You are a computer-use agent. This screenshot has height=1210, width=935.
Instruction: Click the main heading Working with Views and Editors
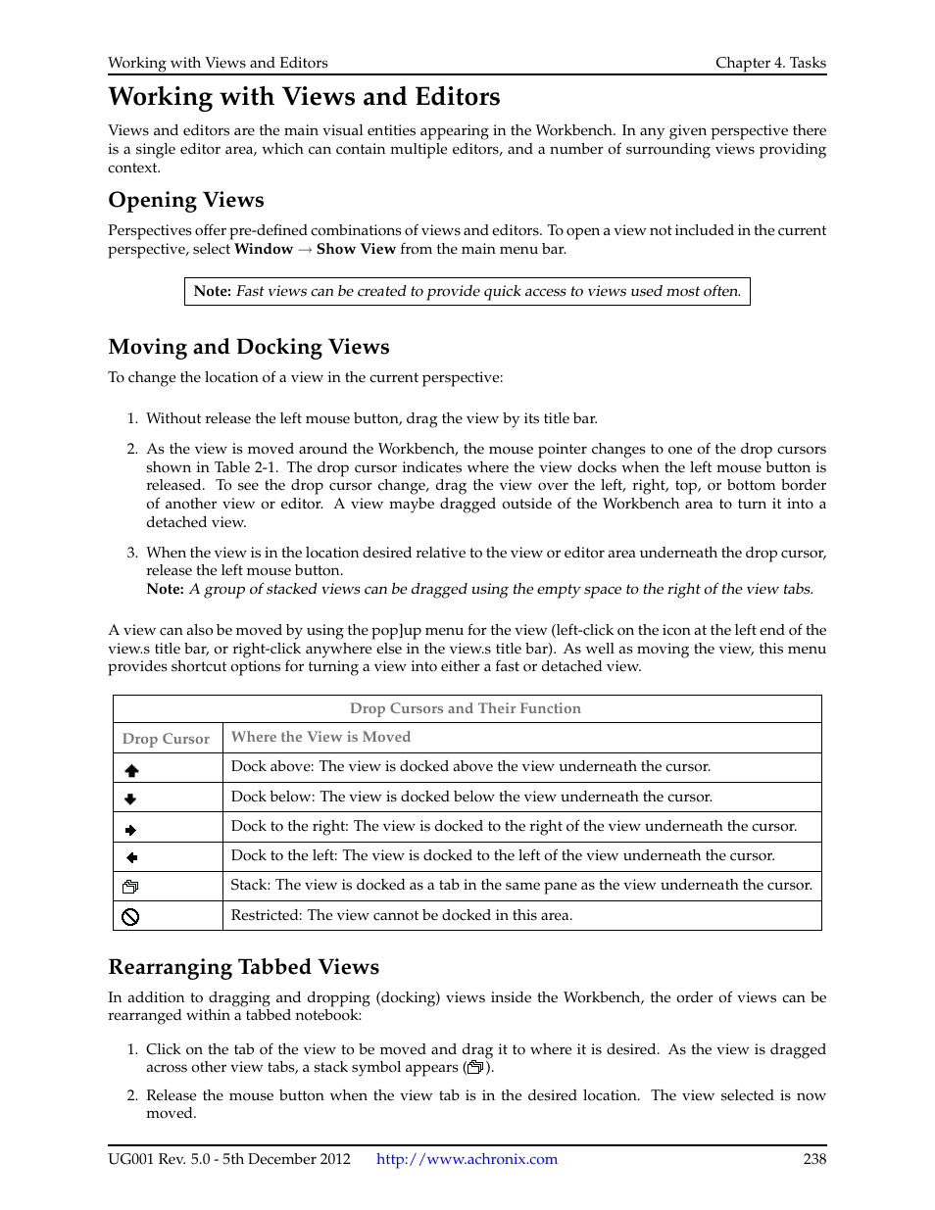point(304,97)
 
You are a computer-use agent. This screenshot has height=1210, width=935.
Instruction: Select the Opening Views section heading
point(186,200)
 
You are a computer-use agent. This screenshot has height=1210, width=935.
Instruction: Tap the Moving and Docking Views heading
point(249,347)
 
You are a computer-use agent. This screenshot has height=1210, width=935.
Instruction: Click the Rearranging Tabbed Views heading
point(243,967)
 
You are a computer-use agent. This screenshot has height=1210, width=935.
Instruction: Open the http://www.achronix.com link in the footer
point(467,1159)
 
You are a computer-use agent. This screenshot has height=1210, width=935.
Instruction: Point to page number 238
point(814,1159)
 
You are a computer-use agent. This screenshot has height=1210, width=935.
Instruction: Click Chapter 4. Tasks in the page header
point(770,63)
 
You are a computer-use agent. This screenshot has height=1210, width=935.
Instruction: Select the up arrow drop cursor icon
point(131,770)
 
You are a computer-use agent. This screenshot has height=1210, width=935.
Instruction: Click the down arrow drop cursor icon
point(130,799)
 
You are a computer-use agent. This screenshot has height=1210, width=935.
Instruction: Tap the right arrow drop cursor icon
point(130,830)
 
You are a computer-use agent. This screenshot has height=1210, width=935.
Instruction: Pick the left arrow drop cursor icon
point(131,858)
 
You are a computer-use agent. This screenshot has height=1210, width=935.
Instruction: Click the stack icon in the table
point(130,887)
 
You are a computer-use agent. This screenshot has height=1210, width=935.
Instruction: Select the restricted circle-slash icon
point(130,917)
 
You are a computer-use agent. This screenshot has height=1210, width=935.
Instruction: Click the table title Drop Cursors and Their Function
point(466,708)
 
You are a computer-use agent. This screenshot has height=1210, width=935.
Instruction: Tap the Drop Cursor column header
point(166,739)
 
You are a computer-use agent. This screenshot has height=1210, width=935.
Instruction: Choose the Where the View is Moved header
point(320,737)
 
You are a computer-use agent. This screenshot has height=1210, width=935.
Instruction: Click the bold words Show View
point(356,249)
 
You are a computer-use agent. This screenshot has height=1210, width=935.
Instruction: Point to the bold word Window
point(264,249)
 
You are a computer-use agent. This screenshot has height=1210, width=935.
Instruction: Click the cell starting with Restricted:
point(401,915)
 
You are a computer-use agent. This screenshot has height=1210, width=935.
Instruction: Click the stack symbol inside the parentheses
point(475,1067)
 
